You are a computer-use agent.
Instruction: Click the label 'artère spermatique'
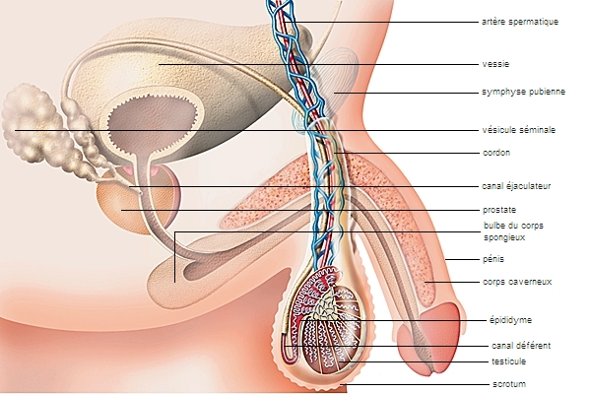click(520, 21)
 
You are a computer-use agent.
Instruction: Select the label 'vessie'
click(495, 64)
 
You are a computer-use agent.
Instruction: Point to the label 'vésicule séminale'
click(518, 130)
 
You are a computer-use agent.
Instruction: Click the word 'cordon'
click(496, 153)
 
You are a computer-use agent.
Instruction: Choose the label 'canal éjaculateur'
click(517, 185)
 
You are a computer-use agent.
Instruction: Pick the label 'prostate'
click(499, 210)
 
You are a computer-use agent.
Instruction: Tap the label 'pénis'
click(493, 259)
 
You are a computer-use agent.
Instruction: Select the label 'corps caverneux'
click(517, 282)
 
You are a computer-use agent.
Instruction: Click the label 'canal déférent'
click(521, 345)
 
